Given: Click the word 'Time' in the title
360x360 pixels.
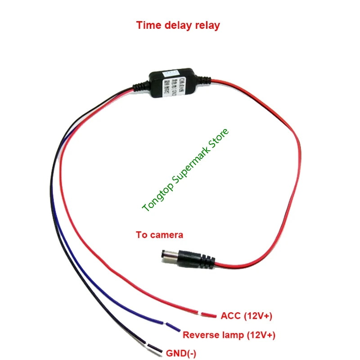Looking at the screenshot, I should pyautogui.click(x=148, y=25).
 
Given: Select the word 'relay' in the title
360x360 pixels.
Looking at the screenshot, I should pyautogui.click(x=207, y=25).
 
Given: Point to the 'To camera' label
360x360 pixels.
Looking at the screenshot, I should pyautogui.click(x=160, y=235).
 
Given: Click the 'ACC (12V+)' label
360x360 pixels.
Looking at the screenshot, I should pyautogui.click(x=247, y=316).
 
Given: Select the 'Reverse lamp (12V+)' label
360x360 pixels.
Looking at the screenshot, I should pyautogui.click(x=229, y=335).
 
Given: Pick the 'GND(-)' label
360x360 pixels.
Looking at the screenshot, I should pyautogui.click(x=181, y=354).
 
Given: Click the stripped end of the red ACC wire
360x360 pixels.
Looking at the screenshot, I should pyautogui.click(x=208, y=314).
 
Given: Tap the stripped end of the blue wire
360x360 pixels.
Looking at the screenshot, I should pyautogui.click(x=173, y=327).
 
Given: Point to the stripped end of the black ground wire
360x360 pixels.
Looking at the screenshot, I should pyautogui.click(x=155, y=348).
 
